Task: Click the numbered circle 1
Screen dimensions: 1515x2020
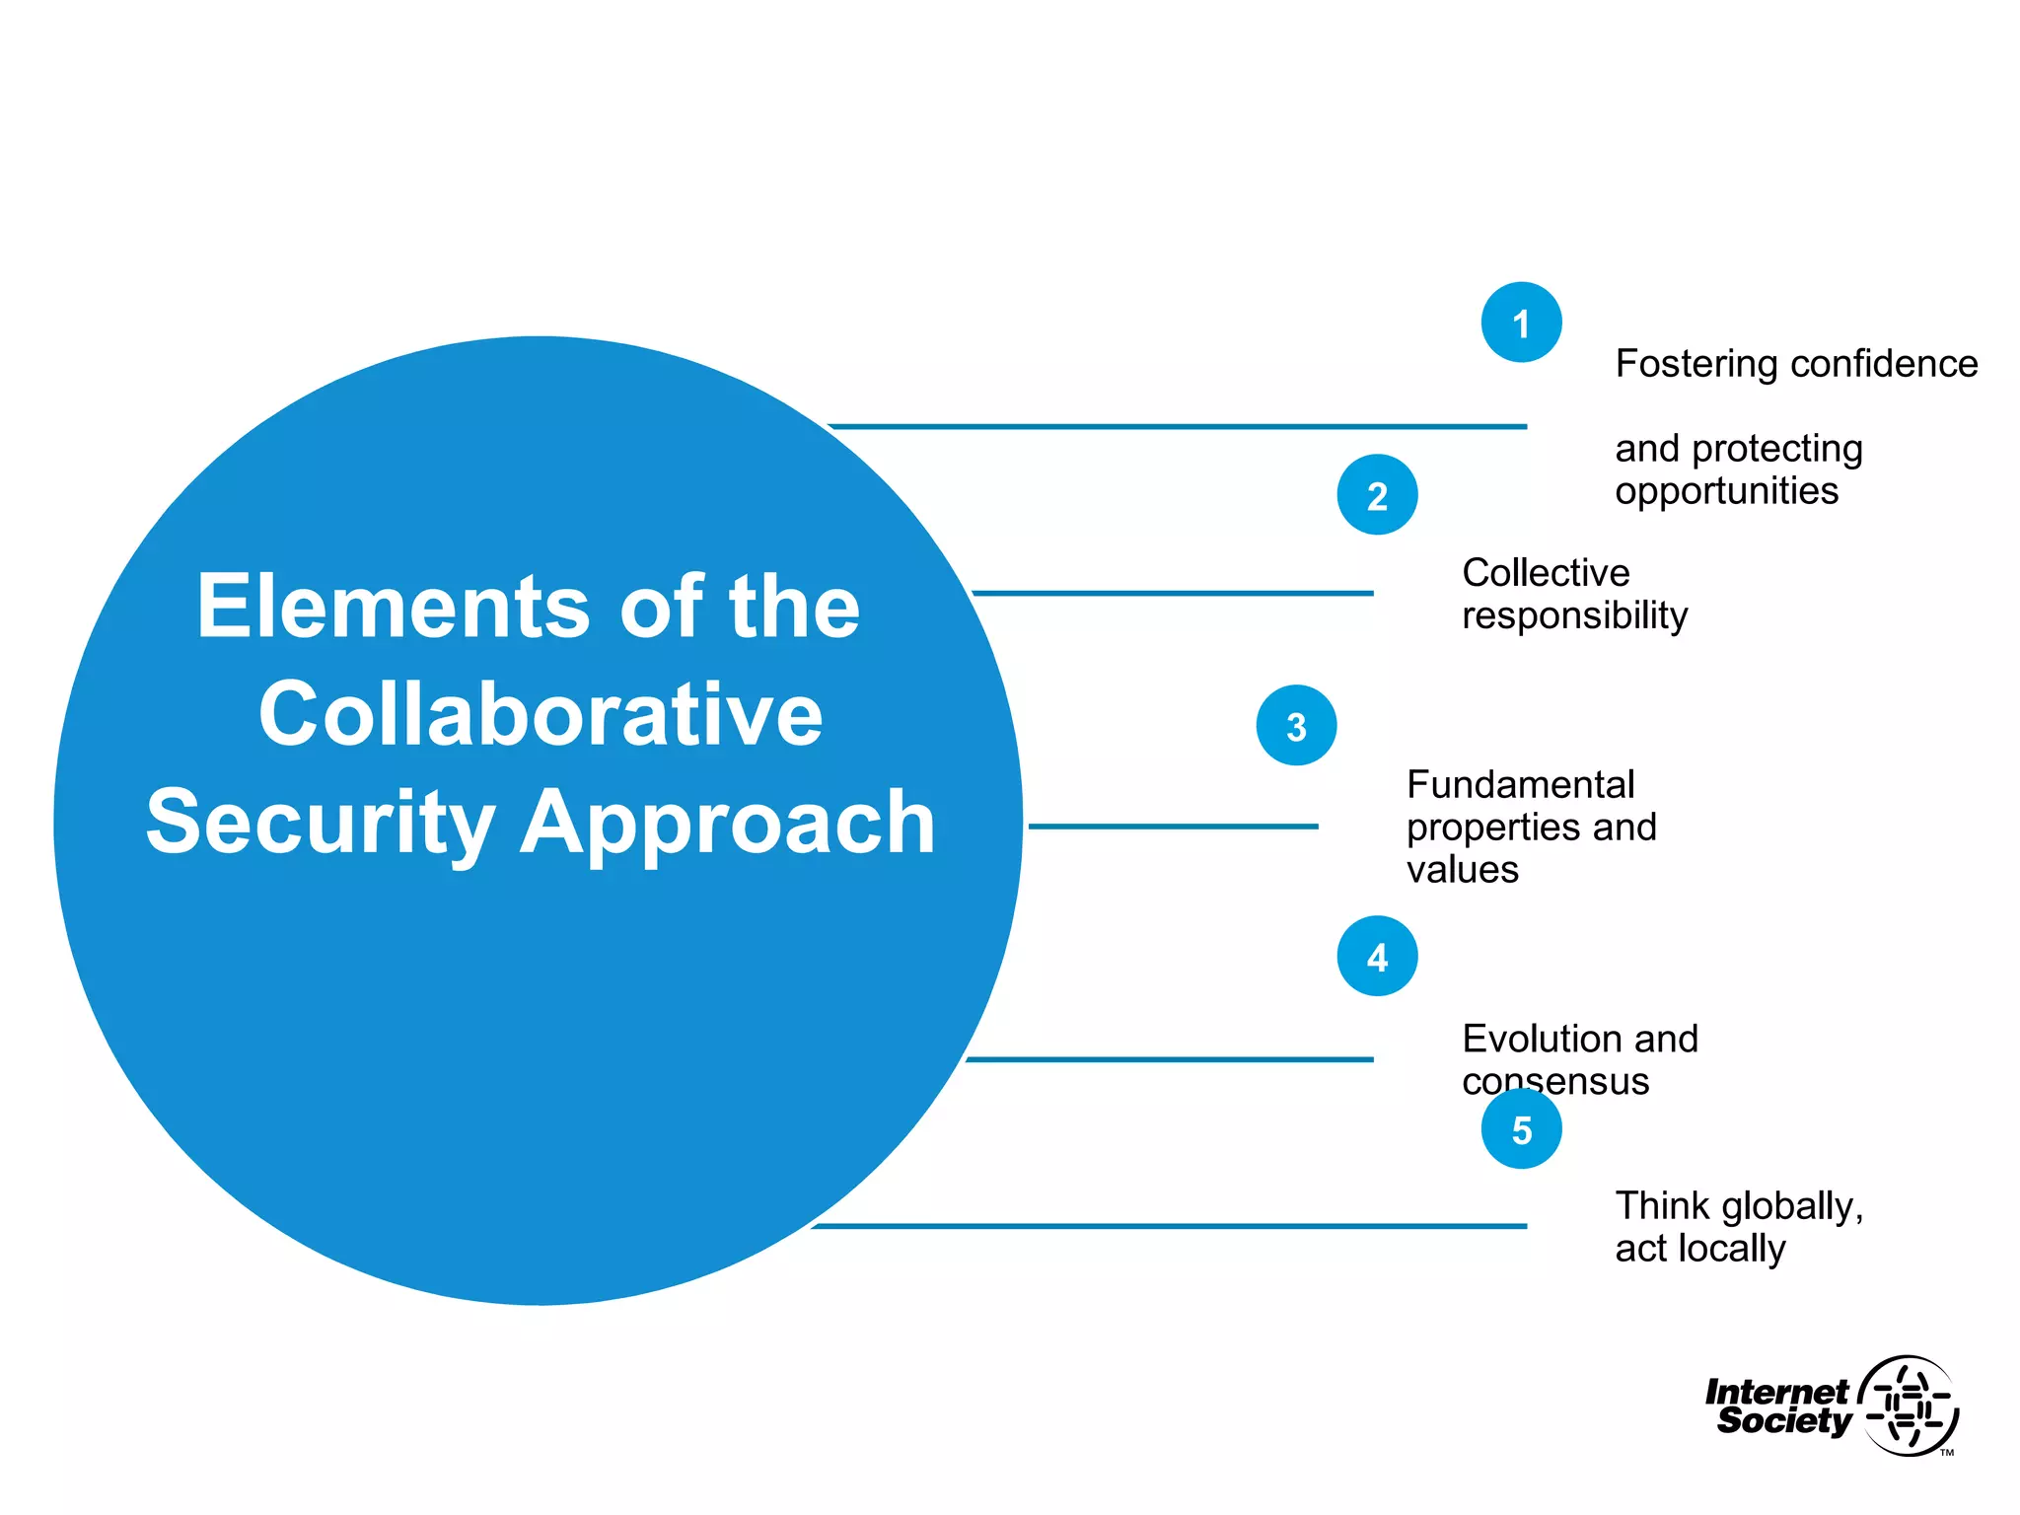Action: [x=1521, y=323]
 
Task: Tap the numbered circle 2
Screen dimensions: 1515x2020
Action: [x=1377, y=495]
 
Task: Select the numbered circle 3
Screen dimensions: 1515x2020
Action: [x=1296, y=726]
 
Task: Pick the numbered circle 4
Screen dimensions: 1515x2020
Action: [x=1377, y=957]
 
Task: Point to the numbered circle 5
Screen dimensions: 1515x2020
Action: [x=1521, y=1129]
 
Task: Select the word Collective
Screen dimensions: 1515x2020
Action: [x=1546, y=573]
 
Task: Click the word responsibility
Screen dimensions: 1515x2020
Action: [x=1574, y=616]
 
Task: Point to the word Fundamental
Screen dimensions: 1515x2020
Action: [x=1520, y=785]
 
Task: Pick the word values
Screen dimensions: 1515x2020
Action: [x=1462, y=870]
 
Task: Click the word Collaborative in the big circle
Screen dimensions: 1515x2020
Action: [x=541, y=714]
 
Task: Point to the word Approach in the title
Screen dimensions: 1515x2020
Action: [x=728, y=824]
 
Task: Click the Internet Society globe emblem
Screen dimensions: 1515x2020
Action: [x=1909, y=1406]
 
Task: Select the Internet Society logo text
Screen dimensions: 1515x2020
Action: [x=1779, y=1407]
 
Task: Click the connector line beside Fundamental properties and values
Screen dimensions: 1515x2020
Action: [x=1173, y=827]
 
